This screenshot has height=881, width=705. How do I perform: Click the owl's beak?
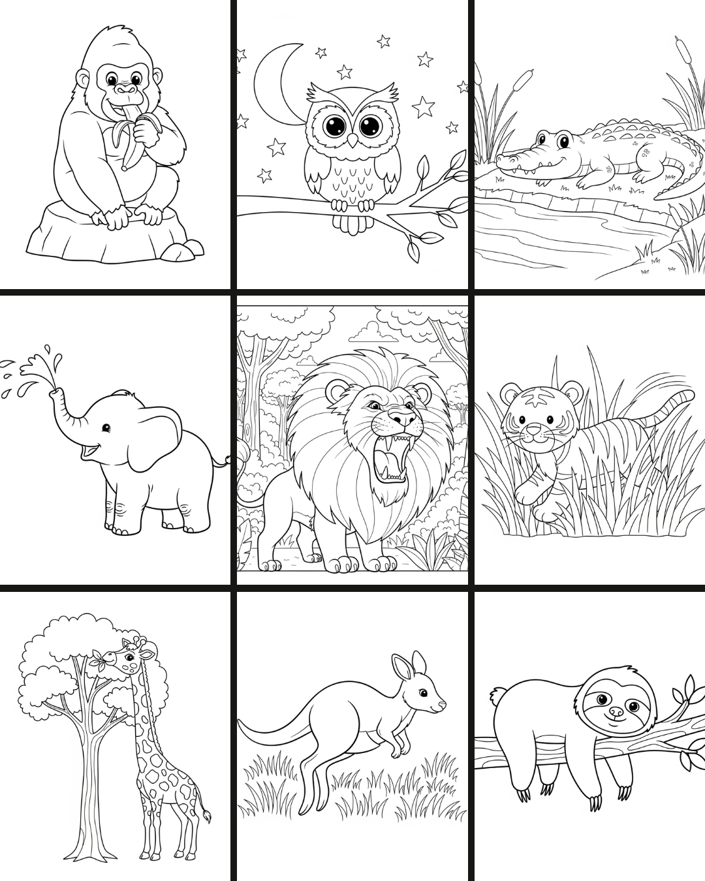pyautogui.click(x=352, y=139)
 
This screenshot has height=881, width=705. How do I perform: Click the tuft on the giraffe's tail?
pyautogui.click(x=208, y=816)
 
